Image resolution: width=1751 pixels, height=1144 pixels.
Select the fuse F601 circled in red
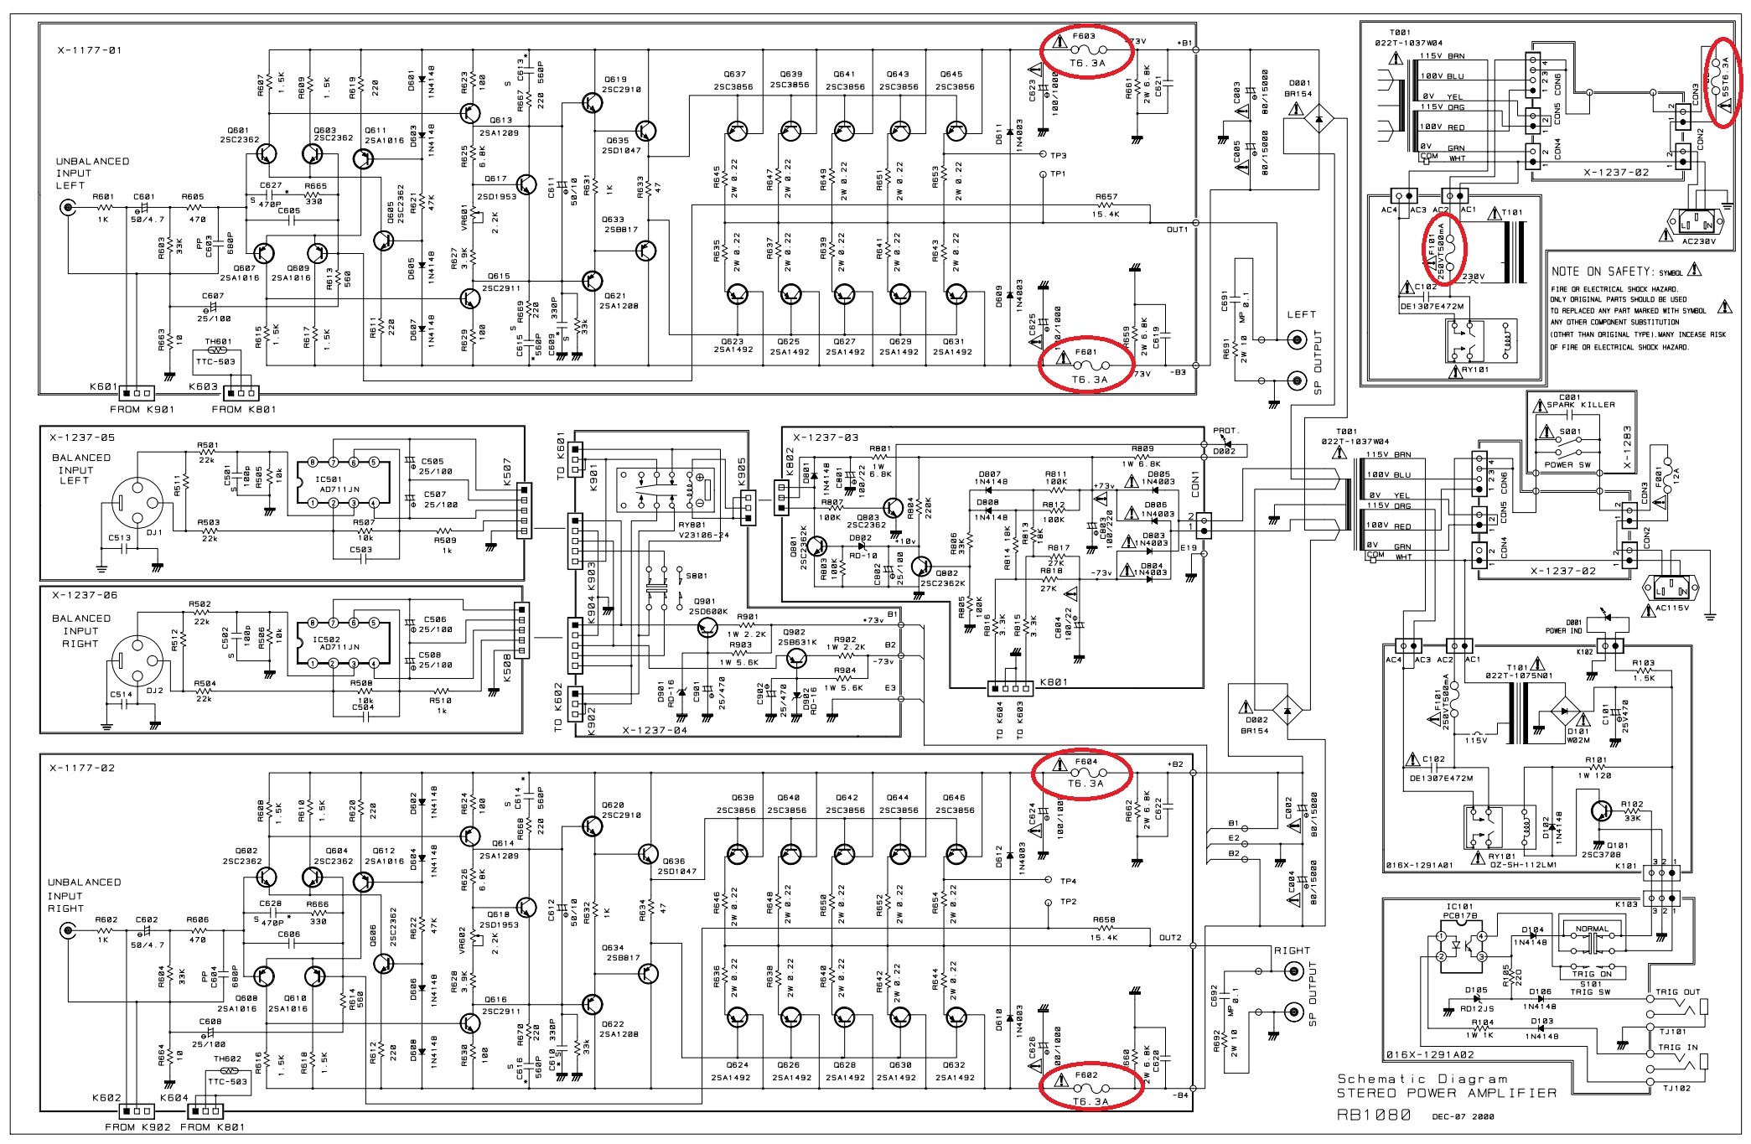[1087, 366]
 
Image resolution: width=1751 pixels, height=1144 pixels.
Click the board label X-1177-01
[90, 50]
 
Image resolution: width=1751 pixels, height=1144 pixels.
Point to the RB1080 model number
[1374, 1116]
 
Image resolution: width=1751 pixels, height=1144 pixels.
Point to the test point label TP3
[1058, 156]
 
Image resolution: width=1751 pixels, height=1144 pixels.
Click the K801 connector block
[1009, 689]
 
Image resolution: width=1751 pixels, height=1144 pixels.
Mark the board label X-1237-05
[82, 437]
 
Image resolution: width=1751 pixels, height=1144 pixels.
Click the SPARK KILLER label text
[1580, 405]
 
